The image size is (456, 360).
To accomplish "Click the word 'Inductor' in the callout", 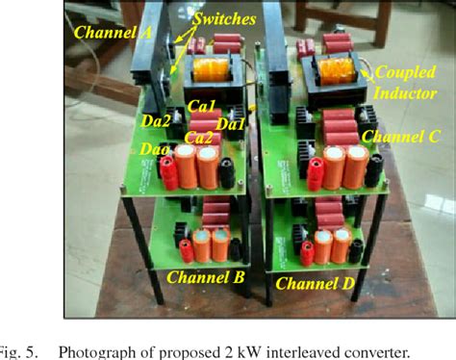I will (x=404, y=92).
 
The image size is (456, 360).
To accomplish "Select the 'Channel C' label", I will (x=399, y=138).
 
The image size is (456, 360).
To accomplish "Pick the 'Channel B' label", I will (x=206, y=277).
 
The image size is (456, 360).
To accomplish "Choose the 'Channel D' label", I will (x=316, y=283).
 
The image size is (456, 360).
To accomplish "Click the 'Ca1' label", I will (x=201, y=106).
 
